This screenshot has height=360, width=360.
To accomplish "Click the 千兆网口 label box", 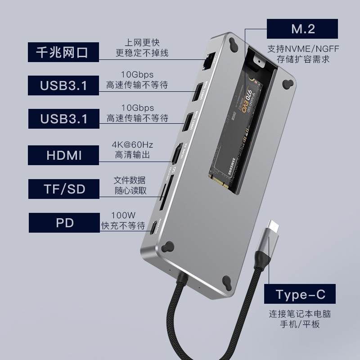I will [x=63, y=53].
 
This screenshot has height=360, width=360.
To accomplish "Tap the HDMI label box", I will [x=63, y=155].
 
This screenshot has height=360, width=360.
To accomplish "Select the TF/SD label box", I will [x=63, y=189].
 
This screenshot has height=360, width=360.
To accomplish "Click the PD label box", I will [x=63, y=223].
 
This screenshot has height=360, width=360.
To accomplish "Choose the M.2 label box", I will [x=302, y=29].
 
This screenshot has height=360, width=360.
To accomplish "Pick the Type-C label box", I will [x=300, y=295].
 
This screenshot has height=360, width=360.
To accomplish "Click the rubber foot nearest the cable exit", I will [x=169, y=246].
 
